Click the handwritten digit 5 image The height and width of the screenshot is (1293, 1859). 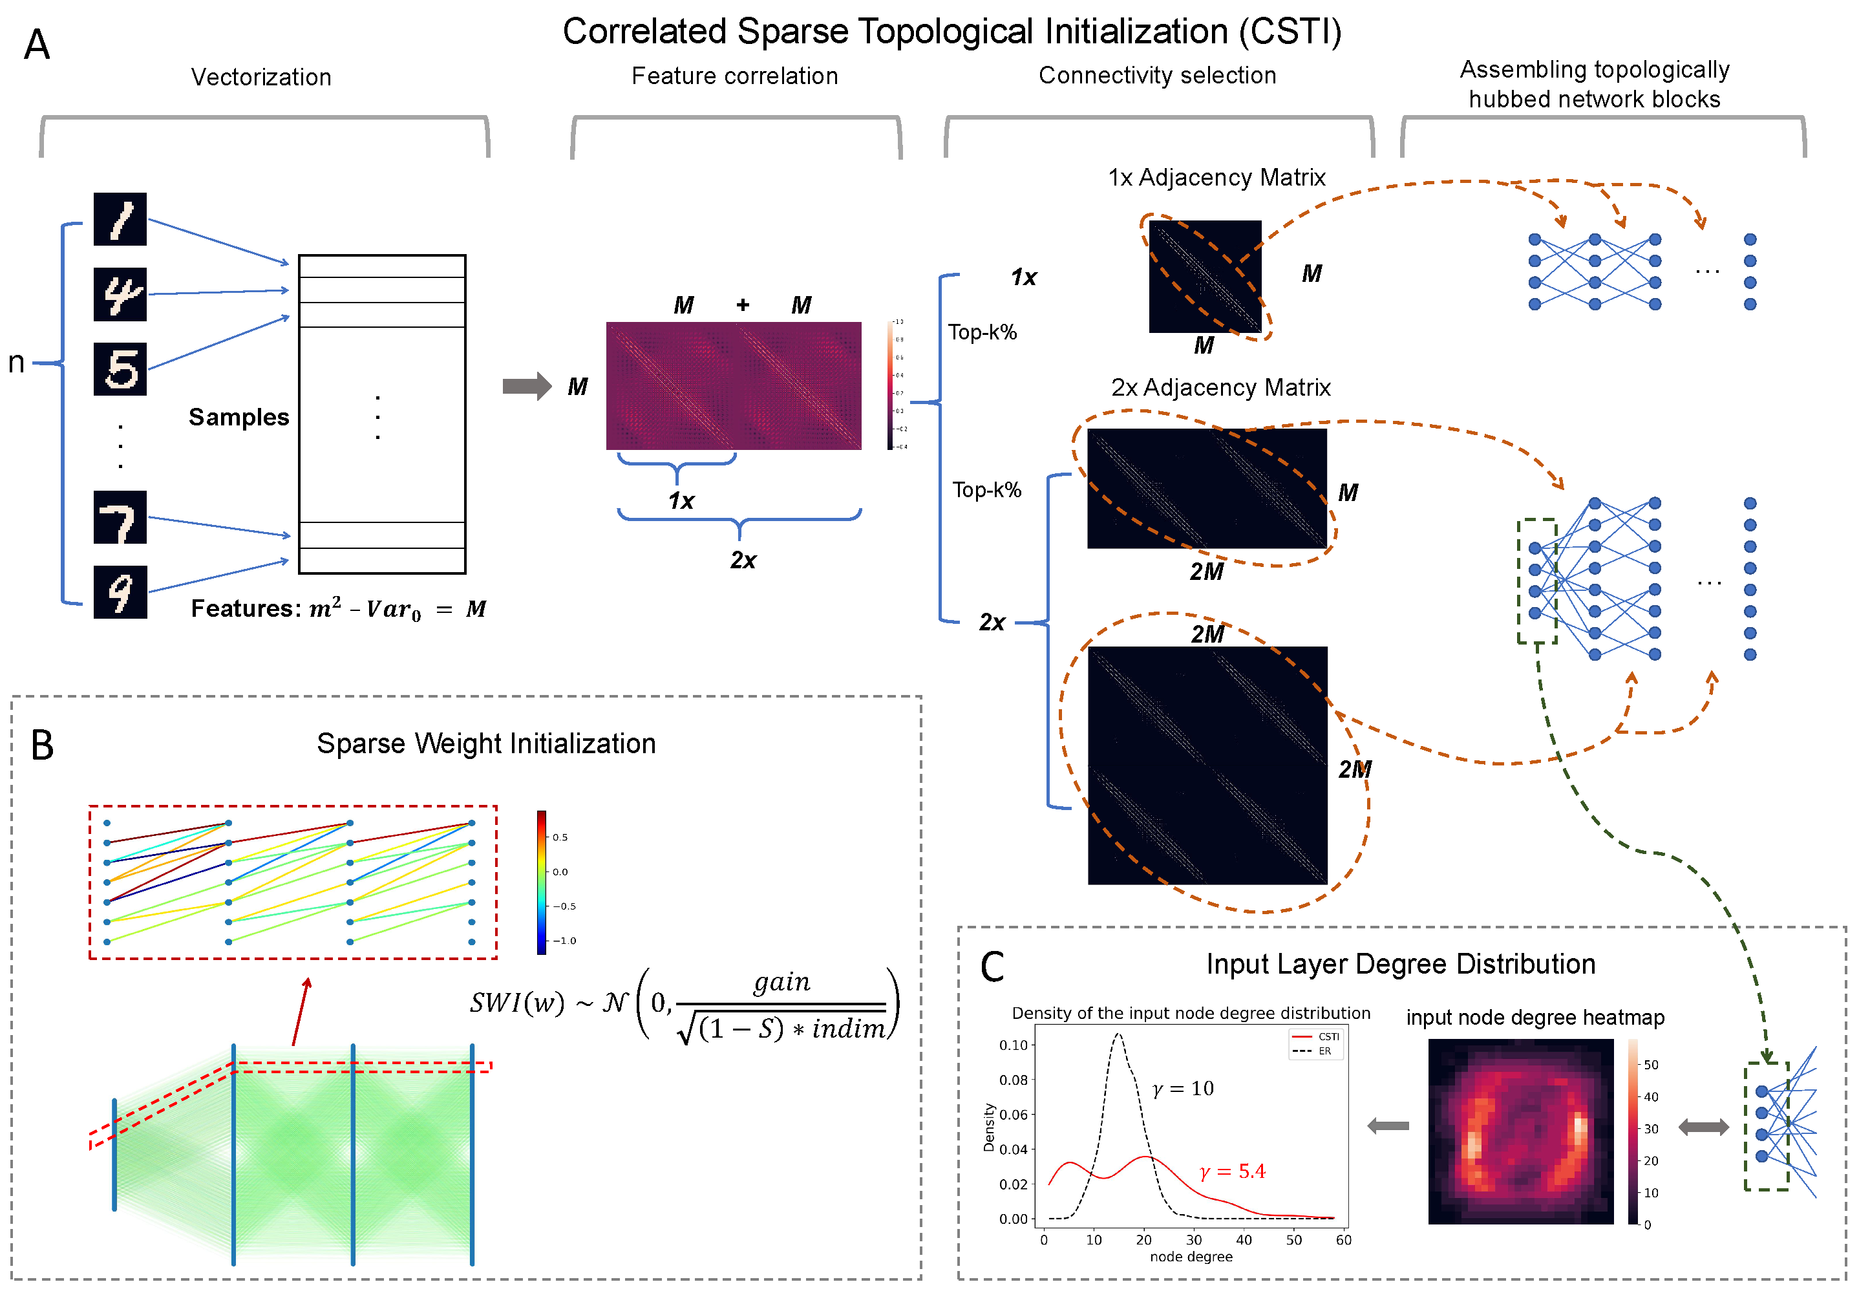coord(120,369)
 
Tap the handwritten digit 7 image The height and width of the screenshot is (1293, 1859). coord(120,517)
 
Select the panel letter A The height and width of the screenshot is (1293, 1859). coord(36,45)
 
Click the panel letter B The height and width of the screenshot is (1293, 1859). coord(42,745)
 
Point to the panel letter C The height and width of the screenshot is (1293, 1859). coord(992,967)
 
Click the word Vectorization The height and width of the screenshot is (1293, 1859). coord(260,77)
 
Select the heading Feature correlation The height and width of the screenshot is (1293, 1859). coord(734,76)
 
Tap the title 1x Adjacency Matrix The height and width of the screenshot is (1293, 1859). coord(1216,177)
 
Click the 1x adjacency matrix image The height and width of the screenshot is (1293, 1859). coord(1205,276)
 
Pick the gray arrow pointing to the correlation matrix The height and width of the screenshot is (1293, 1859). coord(526,385)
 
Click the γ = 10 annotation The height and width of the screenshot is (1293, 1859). coord(1183,1089)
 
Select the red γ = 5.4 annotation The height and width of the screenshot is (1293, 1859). coord(1232,1171)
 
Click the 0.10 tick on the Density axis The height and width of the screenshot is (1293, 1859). coord(1013,1045)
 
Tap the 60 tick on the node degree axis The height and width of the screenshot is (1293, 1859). coord(1343,1239)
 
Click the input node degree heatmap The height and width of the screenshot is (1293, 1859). coord(1520,1131)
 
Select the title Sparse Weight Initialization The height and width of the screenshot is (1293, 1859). coord(486,743)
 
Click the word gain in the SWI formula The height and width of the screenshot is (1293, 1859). coord(781,982)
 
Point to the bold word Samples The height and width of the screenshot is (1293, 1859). coord(239,417)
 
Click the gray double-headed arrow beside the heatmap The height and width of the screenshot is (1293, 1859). coord(1703,1126)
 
